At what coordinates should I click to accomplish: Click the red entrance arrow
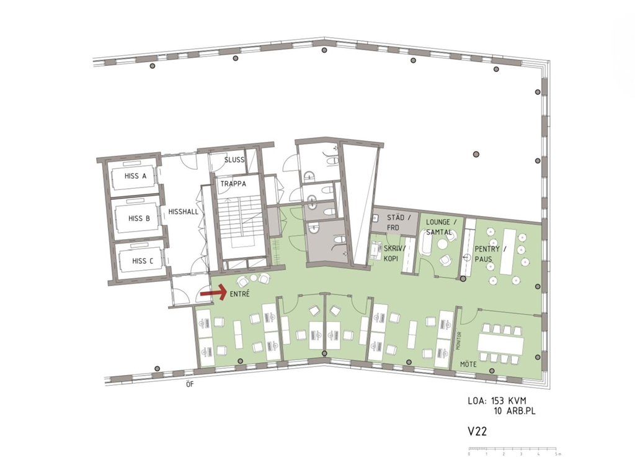213,292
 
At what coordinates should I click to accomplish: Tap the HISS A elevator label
135,176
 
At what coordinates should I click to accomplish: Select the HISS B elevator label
139,218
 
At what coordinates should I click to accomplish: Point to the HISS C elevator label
143,261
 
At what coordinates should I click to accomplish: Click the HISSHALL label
184,212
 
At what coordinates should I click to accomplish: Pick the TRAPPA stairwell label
233,184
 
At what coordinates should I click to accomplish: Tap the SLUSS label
234,160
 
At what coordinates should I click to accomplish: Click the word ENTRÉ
240,294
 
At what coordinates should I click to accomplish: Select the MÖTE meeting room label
468,364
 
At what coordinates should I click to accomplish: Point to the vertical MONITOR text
458,341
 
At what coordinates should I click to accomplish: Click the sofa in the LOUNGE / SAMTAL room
425,243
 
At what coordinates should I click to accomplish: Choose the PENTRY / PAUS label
490,254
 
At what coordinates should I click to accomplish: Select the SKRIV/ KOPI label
394,253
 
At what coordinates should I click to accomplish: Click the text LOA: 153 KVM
497,401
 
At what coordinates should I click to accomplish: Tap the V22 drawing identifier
477,431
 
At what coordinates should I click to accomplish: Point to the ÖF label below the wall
190,384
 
